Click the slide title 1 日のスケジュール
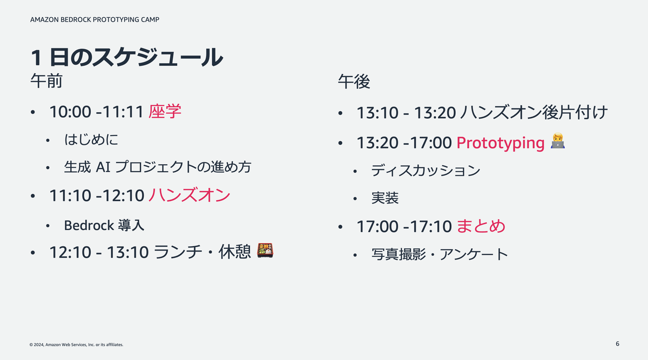click(x=126, y=57)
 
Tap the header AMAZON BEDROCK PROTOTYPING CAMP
click(x=94, y=19)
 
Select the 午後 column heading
click(x=354, y=81)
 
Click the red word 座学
click(x=165, y=111)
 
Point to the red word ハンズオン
click(x=190, y=195)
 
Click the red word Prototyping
click(x=501, y=143)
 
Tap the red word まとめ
click(x=481, y=226)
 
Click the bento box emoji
click(x=265, y=250)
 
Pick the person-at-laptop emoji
click(x=557, y=141)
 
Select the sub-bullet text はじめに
click(x=91, y=140)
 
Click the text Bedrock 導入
click(x=104, y=225)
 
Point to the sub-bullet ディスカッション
click(x=426, y=171)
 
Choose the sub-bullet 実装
click(x=384, y=198)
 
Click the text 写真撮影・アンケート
click(x=440, y=254)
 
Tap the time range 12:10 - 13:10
click(x=99, y=253)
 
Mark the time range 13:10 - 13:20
click(x=406, y=113)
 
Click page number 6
click(x=617, y=344)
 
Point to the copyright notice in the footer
click(x=76, y=345)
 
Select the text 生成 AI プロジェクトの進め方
click(x=157, y=167)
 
